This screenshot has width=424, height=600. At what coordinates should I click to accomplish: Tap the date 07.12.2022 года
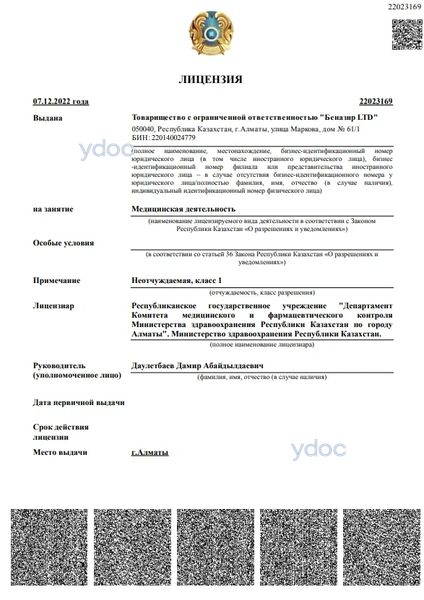tap(60, 102)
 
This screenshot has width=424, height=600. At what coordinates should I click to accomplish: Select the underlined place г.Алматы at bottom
tap(149, 453)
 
